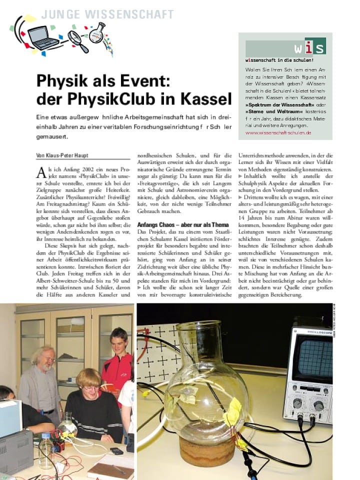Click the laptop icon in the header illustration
coord(44,38)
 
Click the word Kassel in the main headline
coord(205,98)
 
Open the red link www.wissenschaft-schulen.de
coord(278,133)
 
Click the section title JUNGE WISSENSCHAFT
coord(107,14)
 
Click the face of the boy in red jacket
coord(118,341)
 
